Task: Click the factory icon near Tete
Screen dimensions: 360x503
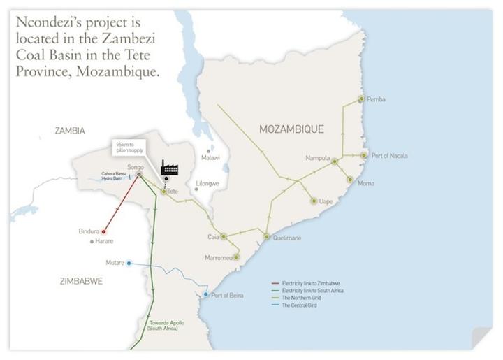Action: click(x=168, y=167)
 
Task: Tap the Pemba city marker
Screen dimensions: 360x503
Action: click(x=361, y=99)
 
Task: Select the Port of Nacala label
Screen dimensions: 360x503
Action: click(x=390, y=155)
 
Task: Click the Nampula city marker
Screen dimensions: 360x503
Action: click(x=335, y=161)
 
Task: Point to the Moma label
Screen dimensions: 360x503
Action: click(x=365, y=183)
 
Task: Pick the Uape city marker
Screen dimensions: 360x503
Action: click(x=314, y=201)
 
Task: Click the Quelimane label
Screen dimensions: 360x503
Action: click(x=287, y=238)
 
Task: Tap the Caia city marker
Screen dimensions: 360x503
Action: click(x=223, y=236)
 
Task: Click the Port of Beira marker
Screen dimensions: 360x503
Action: click(x=205, y=295)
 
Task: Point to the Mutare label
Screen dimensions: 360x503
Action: click(x=115, y=263)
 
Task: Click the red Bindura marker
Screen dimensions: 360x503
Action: click(x=103, y=231)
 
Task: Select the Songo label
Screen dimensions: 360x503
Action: click(x=135, y=167)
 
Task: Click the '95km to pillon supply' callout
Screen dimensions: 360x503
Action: click(x=131, y=148)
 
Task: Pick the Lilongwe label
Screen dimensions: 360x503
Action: click(x=207, y=183)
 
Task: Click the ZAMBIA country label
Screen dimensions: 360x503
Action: click(x=69, y=131)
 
